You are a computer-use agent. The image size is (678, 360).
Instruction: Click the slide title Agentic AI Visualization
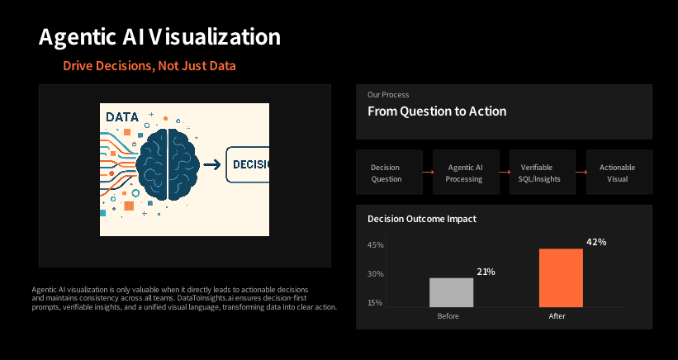tap(159, 37)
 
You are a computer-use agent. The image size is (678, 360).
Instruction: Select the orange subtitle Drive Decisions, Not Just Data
tap(149, 65)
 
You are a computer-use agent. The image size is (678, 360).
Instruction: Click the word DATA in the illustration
tap(122, 117)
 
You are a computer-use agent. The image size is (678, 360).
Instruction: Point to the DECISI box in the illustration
tap(249, 164)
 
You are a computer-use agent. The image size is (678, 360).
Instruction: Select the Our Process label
tap(388, 95)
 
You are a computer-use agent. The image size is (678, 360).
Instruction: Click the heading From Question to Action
tap(437, 111)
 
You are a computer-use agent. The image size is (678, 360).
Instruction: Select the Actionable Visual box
tap(619, 173)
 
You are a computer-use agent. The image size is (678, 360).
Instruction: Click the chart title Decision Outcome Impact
tap(421, 219)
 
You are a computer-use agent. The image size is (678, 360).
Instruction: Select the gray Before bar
tap(452, 292)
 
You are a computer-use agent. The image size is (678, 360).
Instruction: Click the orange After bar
tap(561, 277)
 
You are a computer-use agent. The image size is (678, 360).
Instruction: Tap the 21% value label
tap(486, 272)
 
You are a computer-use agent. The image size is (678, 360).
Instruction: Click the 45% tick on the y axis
tap(376, 245)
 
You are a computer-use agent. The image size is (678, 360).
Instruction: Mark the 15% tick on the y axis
tap(376, 303)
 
